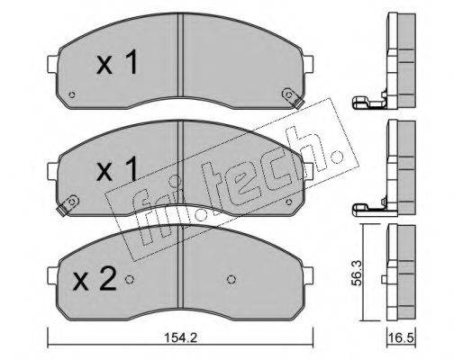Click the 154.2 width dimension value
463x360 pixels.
click(x=180, y=338)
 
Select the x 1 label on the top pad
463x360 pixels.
click(x=117, y=62)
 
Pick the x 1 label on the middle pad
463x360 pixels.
click(x=117, y=168)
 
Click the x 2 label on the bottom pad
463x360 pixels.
click(x=95, y=279)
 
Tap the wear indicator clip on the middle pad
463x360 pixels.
click(x=68, y=204)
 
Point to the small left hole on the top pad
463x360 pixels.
click(x=71, y=94)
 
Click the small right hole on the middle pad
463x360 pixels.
click(x=289, y=202)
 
